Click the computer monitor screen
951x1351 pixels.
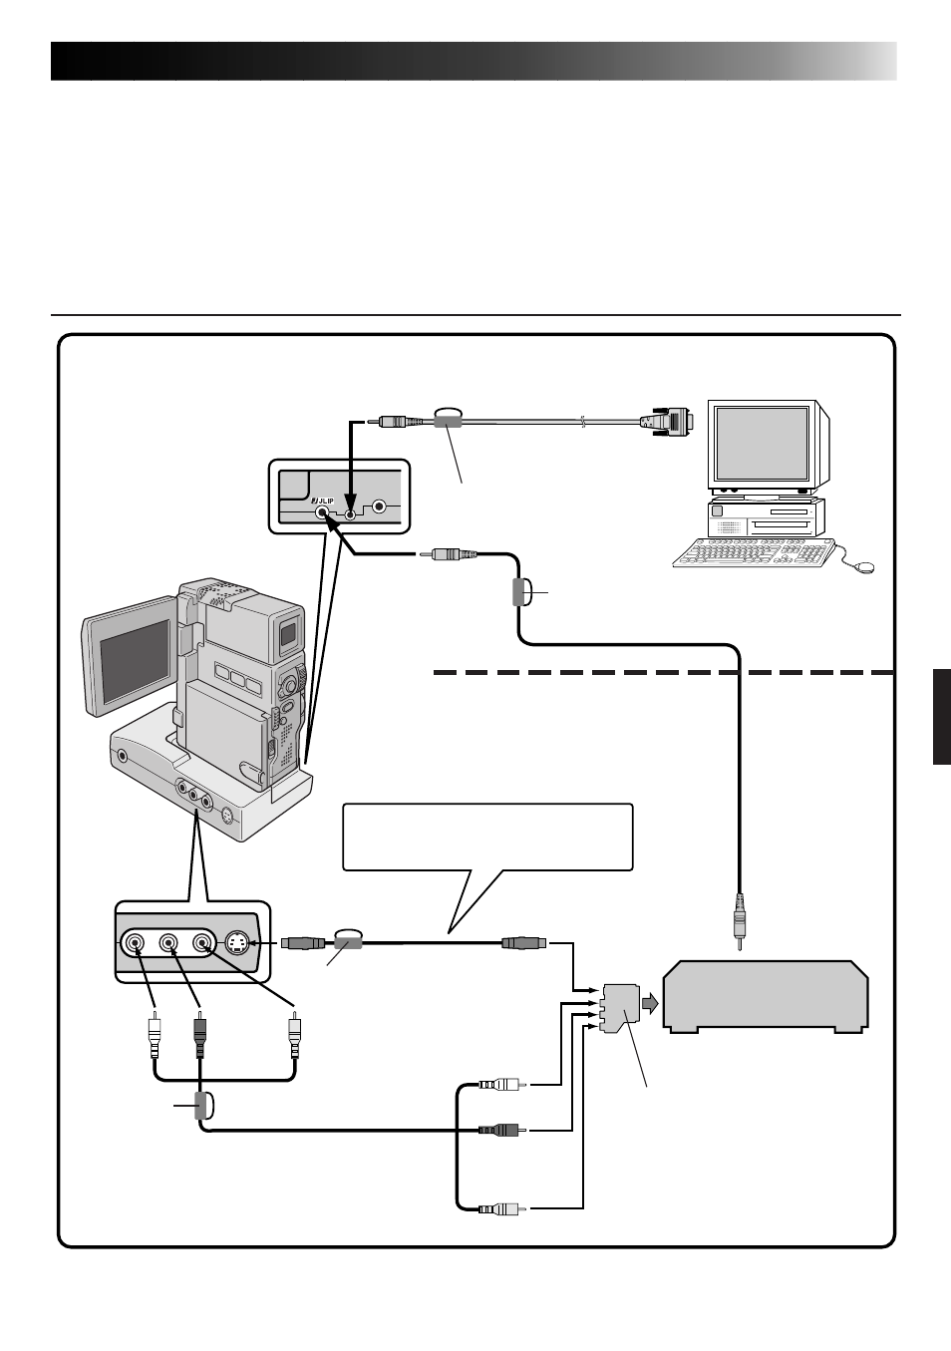pyautogui.click(x=762, y=443)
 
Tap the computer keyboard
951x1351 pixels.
pyautogui.click(x=755, y=553)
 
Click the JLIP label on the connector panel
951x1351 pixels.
pyautogui.click(x=322, y=502)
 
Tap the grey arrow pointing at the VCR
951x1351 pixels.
pyautogui.click(x=650, y=1004)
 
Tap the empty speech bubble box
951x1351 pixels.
pyautogui.click(x=487, y=838)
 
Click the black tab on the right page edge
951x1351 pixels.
pyautogui.click(x=942, y=717)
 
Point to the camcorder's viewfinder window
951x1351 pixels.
pyautogui.click(x=288, y=634)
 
